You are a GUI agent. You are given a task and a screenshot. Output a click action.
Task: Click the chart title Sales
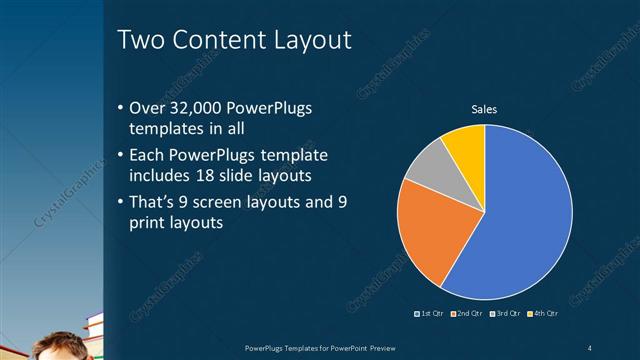(484, 109)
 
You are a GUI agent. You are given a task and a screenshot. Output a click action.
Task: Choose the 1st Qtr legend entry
(431, 314)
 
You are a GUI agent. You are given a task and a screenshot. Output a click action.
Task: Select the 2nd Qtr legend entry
(468, 314)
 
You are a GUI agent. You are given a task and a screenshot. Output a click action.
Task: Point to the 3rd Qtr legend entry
(505, 314)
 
